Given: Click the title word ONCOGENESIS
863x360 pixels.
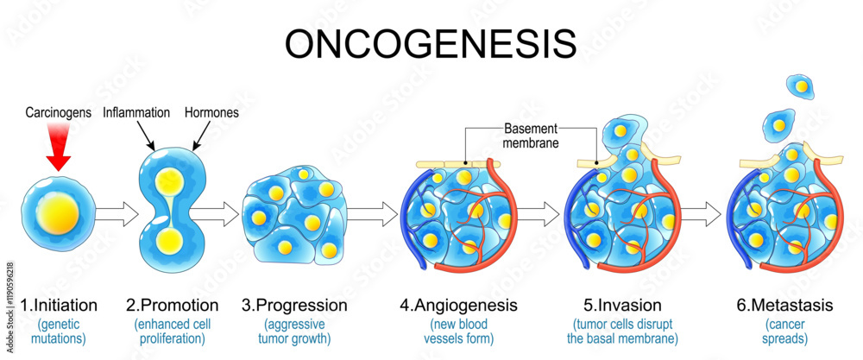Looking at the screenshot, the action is tap(430, 44).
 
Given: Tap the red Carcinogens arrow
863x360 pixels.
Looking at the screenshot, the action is tap(58, 148).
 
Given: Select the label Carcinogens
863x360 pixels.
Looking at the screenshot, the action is tap(58, 113).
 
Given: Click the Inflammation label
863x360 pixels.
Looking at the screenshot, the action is tap(136, 112).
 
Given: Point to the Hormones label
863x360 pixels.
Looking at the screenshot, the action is tap(211, 112).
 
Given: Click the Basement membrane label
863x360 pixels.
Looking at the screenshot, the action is tap(531, 136).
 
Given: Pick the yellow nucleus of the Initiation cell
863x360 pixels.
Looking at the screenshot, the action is tap(57, 213).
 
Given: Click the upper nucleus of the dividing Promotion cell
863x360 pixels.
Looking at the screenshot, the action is tap(169, 181).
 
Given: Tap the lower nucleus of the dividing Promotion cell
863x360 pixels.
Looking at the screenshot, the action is tap(169, 240).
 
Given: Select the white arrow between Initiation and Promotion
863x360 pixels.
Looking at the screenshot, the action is tap(117, 213).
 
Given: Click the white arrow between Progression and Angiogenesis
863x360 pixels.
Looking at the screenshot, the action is tap(372, 213).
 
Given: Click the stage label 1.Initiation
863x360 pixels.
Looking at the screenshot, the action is tap(59, 305).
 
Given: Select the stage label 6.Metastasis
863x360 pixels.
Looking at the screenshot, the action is tap(784, 305).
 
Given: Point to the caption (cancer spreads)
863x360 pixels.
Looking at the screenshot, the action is tap(784, 331).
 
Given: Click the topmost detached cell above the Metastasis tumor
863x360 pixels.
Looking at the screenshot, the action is tap(802, 86).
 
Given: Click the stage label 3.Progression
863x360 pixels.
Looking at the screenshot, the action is tap(294, 305).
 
